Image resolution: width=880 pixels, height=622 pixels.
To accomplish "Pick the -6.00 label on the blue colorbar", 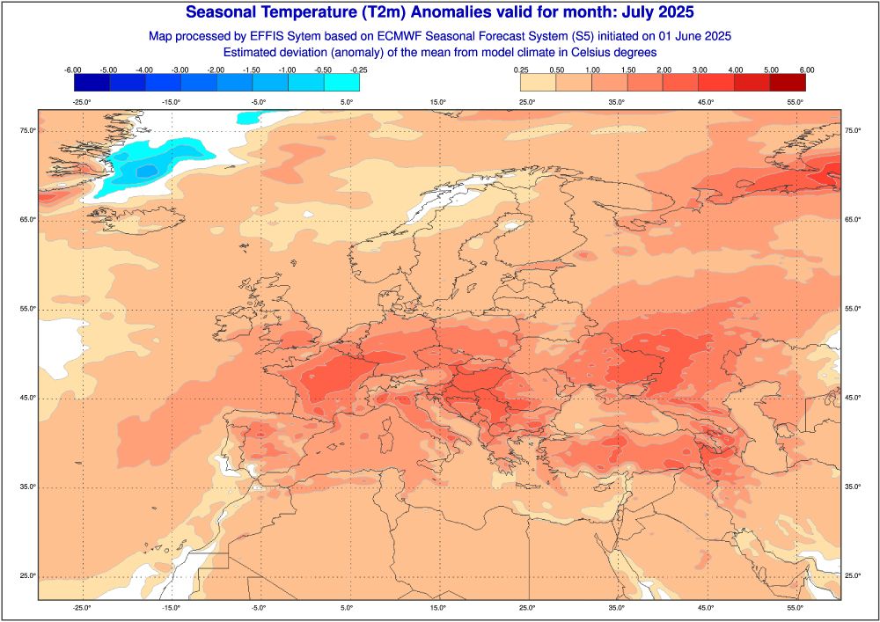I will coord(74,70).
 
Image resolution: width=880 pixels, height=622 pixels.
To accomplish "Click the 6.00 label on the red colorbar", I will coord(806,70).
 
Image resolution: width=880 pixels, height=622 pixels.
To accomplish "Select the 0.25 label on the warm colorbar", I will coord(521,70).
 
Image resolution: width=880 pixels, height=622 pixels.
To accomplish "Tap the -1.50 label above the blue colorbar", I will coord(253,70).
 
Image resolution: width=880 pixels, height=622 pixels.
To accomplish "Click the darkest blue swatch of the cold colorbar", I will coord(92,83).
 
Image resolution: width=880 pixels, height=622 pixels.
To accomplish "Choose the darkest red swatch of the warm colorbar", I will coord(788,83).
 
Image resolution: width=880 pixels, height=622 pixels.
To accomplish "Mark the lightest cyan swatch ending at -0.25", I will coord(341,83).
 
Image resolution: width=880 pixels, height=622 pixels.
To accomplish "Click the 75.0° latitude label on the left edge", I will coord(26,131).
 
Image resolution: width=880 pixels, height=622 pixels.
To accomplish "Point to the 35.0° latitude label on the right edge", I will coord(854,487).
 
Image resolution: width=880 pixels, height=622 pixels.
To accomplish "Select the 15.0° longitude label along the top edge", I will coord(438,102).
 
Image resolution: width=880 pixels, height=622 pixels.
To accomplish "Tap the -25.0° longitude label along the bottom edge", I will coord(81,607).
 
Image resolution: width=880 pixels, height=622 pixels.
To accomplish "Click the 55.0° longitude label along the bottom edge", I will coord(796,607).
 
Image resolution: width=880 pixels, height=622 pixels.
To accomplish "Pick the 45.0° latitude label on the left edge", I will coord(26,398).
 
